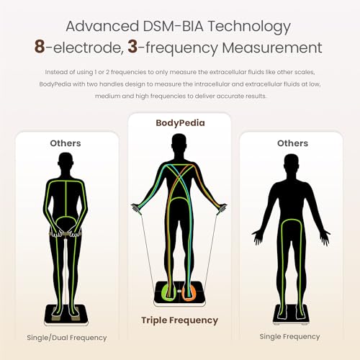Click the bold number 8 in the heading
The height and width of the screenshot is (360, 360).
pos(40,47)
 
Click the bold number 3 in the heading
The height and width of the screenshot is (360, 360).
pos(132,47)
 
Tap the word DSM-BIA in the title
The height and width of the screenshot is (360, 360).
pos(174,26)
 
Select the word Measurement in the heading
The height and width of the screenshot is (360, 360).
pos(272,48)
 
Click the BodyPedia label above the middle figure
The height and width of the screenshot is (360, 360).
pos(180,123)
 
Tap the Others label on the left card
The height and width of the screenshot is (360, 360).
pos(66,143)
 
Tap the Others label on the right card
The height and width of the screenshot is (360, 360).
pos(292,143)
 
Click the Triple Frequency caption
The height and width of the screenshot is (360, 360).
pos(179,320)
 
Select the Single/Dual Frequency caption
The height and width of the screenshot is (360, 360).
pos(67,338)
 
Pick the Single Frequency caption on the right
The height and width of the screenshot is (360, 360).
pos(289,337)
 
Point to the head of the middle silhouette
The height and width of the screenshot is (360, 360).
pos(179,143)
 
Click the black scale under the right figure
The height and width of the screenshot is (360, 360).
pos(291,314)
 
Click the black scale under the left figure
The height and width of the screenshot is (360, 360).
pos(66,315)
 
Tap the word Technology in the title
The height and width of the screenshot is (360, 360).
pos(249,27)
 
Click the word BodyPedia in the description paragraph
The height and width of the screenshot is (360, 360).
pos(55,84)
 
